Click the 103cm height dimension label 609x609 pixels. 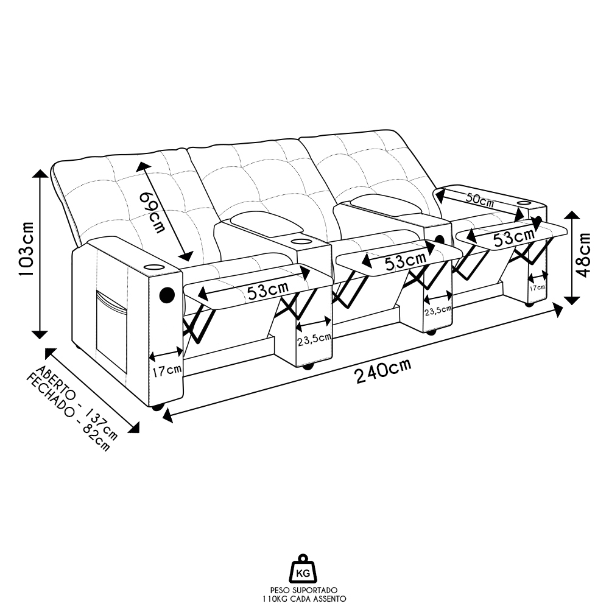pyautogui.click(x=26, y=248)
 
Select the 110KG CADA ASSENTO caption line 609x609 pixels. pyautogui.click(x=304, y=599)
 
